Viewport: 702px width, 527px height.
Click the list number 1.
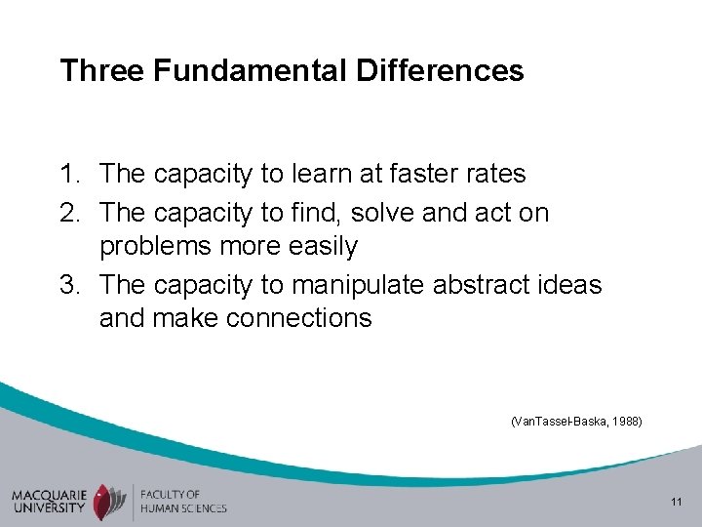[x=71, y=175]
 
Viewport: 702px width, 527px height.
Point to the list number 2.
[x=71, y=212]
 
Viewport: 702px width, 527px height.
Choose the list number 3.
[x=71, y=284]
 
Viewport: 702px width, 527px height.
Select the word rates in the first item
[x=496, y=175]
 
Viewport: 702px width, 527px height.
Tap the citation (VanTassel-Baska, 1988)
[x=575, y=422]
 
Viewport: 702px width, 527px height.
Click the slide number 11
[x=676, y=503]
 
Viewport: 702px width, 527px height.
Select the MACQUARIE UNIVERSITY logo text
[x=49, y=501]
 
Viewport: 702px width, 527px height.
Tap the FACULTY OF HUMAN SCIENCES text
[x=182, y=502]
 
